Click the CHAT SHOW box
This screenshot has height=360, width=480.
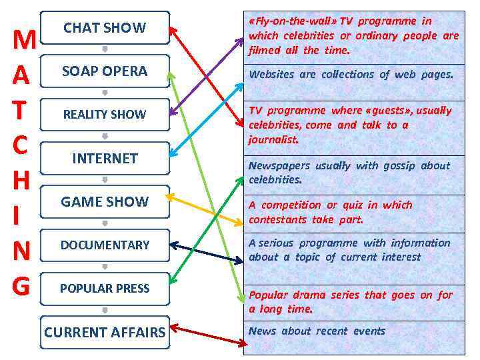tap(105, 27)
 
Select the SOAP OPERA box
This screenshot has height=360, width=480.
tap(105, 71)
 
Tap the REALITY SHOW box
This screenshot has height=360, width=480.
tap(105, 114)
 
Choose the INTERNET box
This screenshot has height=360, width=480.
tap(105, 158)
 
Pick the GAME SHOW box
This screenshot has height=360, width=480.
tap(105, 201)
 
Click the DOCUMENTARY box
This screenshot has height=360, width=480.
tap(105, 245)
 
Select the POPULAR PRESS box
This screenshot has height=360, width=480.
tap(105, 288)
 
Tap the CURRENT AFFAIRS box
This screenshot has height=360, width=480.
tap(105, 331)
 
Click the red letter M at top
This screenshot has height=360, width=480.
tap(23, 41)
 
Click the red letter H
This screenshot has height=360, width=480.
tap(21, 180)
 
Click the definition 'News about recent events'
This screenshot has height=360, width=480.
tap(317, 331)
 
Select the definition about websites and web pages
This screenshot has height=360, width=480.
tap(351, 75)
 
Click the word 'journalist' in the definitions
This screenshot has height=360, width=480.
tap(273, 139)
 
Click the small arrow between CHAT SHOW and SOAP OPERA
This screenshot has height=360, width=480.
tap(105, 49)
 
